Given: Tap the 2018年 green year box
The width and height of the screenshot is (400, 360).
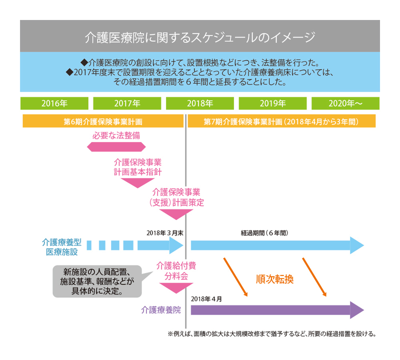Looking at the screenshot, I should coord(199,103).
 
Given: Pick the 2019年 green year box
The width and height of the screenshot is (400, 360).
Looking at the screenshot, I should coord(272,103).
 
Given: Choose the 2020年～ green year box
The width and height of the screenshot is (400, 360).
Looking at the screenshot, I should coord(345,103).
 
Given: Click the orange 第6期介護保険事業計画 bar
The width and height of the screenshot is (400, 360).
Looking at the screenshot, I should coord(102,121).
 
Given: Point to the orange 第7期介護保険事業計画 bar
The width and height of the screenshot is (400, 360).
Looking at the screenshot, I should coord(280,121).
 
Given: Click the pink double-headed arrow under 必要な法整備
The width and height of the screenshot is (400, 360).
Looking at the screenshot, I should coord(116,146).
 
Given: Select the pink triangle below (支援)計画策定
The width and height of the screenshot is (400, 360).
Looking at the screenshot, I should coord(176,214).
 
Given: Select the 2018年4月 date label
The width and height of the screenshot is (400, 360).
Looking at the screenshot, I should coord(205,298).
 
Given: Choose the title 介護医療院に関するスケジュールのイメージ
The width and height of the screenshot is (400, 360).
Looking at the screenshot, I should coord(199,37).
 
